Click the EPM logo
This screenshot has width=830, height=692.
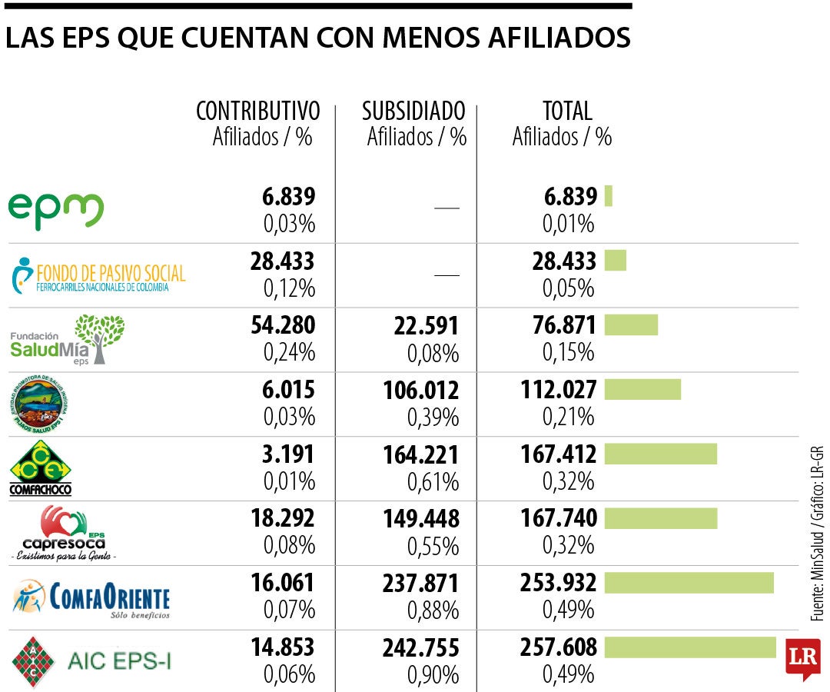[55, 210]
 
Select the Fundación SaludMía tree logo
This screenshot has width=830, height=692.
[68, 340]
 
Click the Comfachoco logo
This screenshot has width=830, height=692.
[40, 468]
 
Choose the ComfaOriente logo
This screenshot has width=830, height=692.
[91, 597]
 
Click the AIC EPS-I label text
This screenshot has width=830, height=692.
[119, 660]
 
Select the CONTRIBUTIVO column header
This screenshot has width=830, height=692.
[258, 111]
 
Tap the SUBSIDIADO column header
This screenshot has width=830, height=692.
[413, 111]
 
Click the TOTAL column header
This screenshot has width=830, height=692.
[567, 111]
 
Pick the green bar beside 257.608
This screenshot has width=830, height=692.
[690, 647]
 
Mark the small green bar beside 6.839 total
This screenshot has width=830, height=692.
[609, 196]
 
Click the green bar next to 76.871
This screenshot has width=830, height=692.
[631, 324]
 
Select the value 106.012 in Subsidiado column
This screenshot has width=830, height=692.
[421, 391]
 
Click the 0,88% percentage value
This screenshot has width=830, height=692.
[433, 610]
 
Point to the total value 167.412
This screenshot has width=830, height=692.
[558, 454]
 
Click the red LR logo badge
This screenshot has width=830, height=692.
[803, 657]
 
